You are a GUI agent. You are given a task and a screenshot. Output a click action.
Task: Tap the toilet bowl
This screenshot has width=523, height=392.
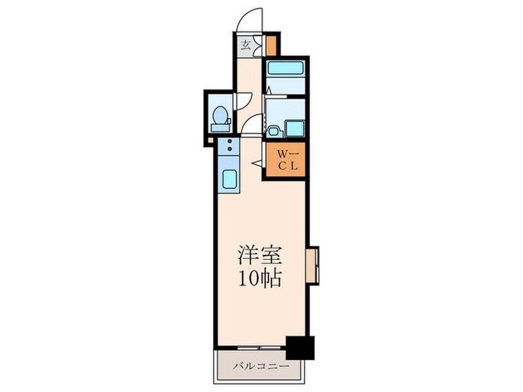point(220,118)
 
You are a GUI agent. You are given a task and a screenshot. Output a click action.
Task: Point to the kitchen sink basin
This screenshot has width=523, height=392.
point(229,179)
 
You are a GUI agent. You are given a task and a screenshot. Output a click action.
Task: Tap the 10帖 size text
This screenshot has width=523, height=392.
point(259,279)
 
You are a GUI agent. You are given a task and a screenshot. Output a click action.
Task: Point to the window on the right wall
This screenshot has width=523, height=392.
point(312,265)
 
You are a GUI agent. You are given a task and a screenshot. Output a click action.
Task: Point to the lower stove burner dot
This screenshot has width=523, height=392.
point(229,148)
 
